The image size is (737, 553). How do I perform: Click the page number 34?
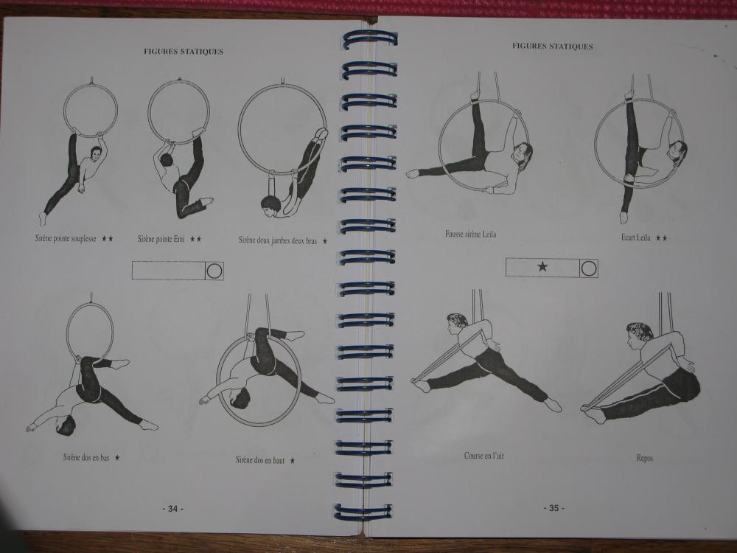[172, 509]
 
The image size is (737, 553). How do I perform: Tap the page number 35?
[553, 508]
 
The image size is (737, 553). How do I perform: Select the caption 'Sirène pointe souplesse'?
[66, 238]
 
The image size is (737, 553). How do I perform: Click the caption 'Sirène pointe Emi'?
[161, 239]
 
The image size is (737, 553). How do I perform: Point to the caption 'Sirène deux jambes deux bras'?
[277, 241]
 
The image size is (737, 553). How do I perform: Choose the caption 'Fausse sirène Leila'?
[470, 234]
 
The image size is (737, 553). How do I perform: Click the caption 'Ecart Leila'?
[635, 237]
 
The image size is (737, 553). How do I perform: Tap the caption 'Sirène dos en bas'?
[86, 457]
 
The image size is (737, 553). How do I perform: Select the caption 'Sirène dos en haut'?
[260, 460]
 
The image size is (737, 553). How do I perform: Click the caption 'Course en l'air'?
[483, 456]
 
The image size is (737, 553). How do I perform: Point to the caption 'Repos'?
[644, 458]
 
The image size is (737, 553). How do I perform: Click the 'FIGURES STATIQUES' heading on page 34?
[184, 52]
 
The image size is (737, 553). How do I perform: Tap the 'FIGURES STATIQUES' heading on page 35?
[552, 46]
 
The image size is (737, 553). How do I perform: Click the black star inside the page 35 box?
[542, 267]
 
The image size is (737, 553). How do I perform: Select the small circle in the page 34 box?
[214, 271]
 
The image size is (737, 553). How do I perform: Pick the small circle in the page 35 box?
[588, 268]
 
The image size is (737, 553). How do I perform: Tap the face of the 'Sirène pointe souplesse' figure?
[95, 154]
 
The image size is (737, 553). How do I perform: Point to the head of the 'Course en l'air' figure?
[456, 323]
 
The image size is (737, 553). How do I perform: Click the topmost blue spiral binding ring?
[369, 40]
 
